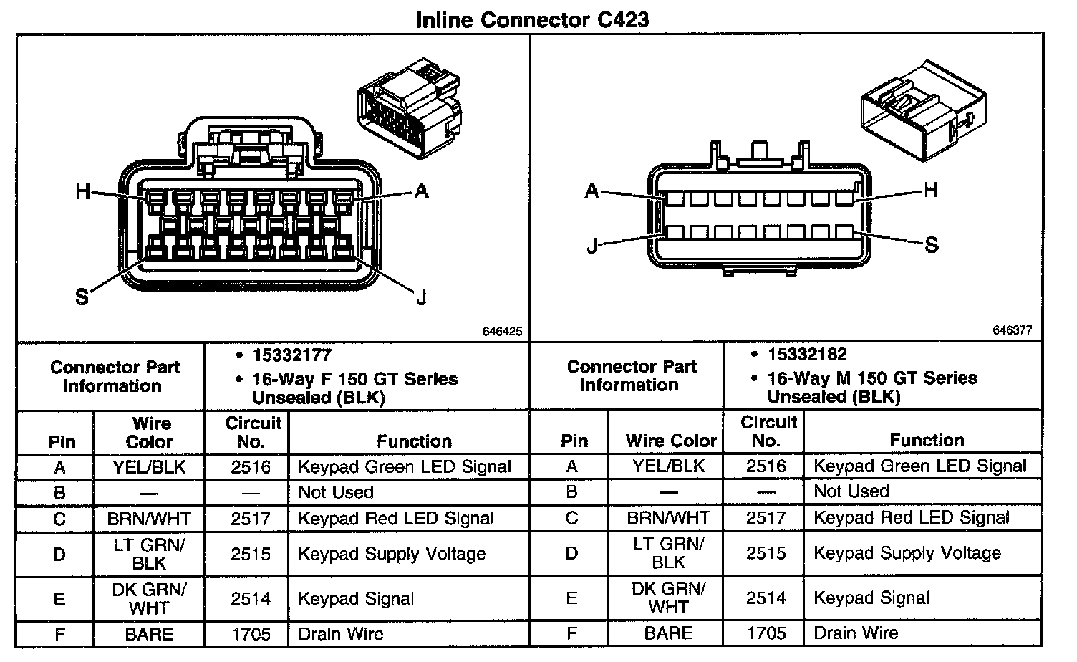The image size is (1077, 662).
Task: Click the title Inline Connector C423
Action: [533, 19]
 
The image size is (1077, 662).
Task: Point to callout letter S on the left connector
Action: [82, 296]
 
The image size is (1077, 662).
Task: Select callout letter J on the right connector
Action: [592, 246]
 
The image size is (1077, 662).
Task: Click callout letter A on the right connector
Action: [592, 191]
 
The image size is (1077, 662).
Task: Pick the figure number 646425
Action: [502, 332]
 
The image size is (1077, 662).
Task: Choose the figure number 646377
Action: [1013, 330]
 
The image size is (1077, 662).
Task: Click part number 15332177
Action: [291, 355]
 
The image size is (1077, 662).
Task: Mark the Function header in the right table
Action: [927, 440]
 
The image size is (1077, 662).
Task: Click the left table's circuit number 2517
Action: [251, 519]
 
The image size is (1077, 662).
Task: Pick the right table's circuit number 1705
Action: [766, 633]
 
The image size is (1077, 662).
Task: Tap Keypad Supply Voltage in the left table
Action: [392, 554]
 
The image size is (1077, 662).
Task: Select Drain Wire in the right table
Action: [856, 633]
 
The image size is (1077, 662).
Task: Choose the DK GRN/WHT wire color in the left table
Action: [149, 599]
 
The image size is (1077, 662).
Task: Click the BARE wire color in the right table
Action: [668, 633]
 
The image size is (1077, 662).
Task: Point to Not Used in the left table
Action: [336, 492]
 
